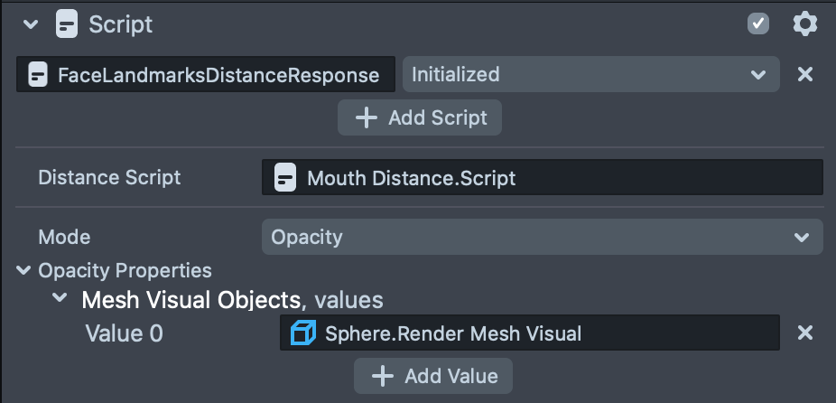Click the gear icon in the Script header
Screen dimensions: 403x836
[x=804, y=23]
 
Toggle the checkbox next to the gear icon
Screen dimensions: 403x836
[x=758, y=23]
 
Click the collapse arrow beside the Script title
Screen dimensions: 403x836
[x=32, y=24]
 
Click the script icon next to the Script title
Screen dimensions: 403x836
[x=66, y=24]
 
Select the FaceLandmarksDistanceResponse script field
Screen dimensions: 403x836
[x=206, y=75]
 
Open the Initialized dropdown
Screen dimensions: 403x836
[x=590, y=75]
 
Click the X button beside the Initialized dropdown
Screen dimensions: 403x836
[x=805, y=74]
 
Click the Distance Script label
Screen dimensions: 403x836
[x=109, y=177]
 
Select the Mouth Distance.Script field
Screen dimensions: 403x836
[x=542, y=177]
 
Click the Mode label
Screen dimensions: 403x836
[x=64, y=237]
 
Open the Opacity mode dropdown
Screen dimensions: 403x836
[x=542, y=237]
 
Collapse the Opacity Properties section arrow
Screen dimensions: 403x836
[x=23, y=270]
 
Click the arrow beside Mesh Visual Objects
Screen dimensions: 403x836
[x=60, y=299]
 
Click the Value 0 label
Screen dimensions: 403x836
[x=124, y=333]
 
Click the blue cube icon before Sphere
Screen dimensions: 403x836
[x=302, y=333]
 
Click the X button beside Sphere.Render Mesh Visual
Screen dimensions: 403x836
[x=805, y=333]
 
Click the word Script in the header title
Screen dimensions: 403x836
[x=121, y=24]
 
